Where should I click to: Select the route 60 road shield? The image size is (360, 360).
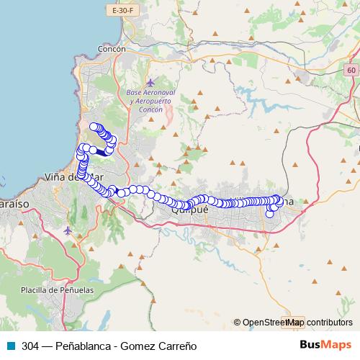coord(351,69)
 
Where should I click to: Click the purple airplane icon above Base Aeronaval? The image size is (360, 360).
coord(150,83)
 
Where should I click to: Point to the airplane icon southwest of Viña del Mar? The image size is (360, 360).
coord(68,231)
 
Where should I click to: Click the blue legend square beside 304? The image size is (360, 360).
coord(9,346)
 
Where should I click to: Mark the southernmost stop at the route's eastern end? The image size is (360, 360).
coord(270,213)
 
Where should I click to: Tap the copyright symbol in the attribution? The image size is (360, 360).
coord(238,323)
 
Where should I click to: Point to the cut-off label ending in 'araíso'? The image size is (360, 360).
coord(14,204)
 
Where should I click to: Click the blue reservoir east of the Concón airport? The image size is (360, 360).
coord(248,94)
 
